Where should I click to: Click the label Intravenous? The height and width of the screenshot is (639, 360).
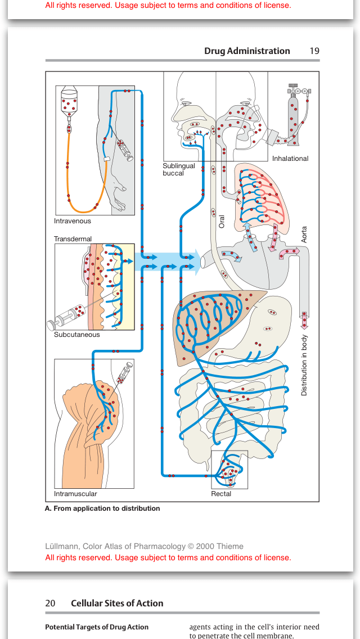pos(72,221)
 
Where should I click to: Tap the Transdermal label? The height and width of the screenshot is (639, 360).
pos(73,239)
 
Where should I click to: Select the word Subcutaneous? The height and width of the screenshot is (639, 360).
pos(76,335)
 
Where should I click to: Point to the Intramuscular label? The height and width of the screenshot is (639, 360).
pos(75,493)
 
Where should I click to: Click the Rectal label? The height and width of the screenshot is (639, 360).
pos(221,493)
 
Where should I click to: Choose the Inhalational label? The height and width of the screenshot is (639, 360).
pos(290,159)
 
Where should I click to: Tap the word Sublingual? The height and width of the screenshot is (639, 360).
pos(178,166)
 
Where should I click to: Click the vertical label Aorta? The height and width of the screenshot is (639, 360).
pos(304,235)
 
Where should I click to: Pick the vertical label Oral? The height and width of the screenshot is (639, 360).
pos(222,222)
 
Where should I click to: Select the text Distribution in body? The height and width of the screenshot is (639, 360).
pos(304,366)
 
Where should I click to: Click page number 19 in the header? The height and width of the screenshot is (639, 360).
pos(314,51)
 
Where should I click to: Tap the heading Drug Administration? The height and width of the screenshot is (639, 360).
pos(247,51)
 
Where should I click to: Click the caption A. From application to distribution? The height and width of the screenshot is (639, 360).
pos(102,508)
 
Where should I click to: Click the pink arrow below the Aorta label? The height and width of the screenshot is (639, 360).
pos(304,320)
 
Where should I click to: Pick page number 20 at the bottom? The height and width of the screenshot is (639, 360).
pos(51,603)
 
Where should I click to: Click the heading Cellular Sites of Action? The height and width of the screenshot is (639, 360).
pos(117,603)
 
